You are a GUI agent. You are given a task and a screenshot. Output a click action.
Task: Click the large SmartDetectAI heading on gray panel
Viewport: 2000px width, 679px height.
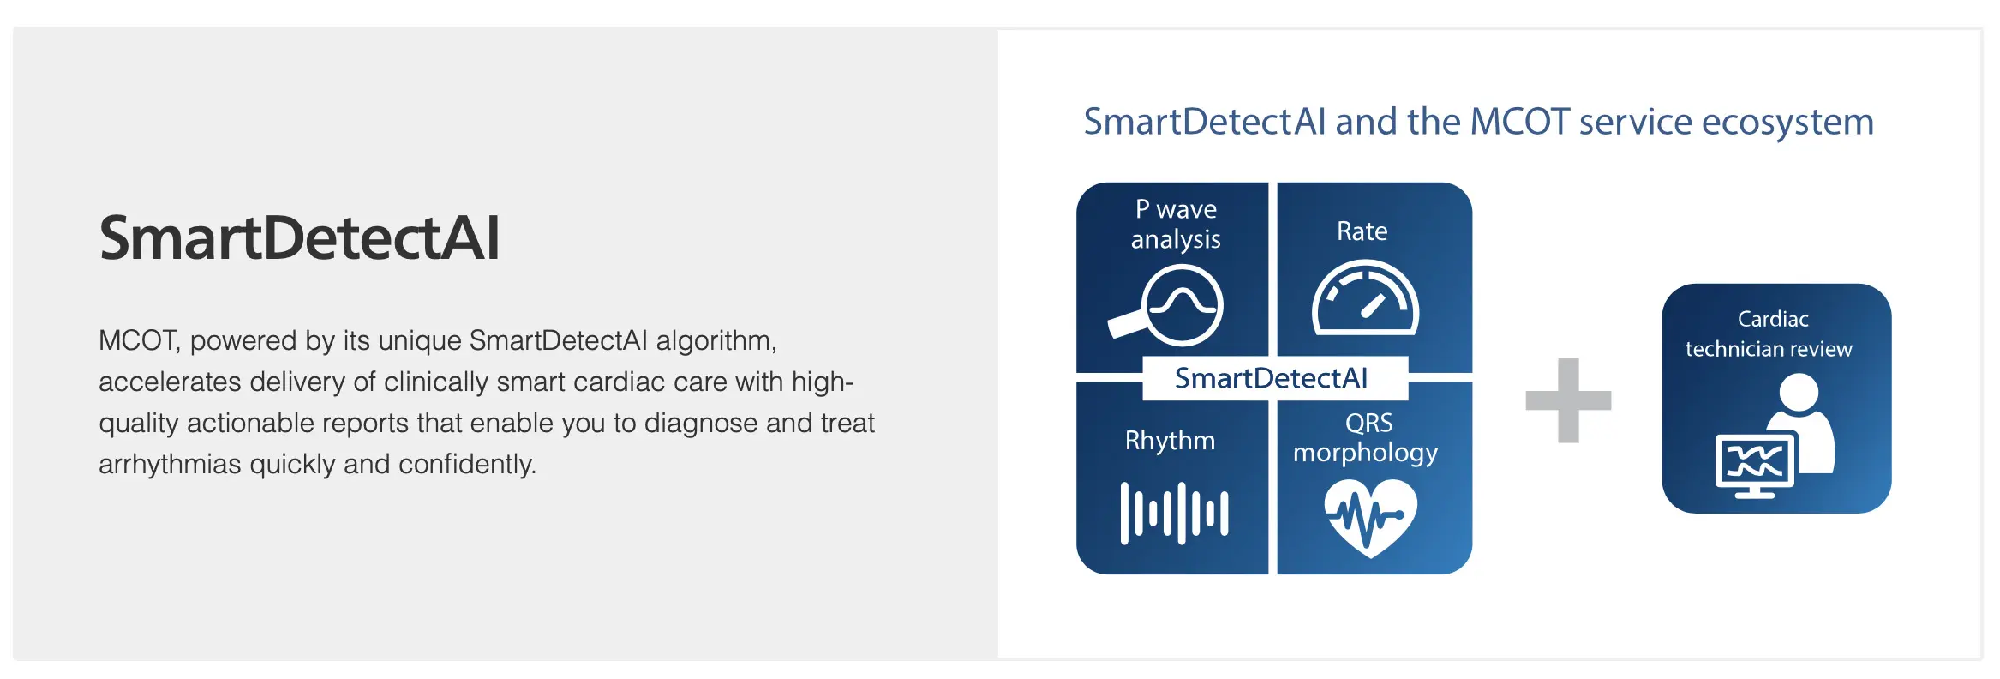click(x=299, y=238)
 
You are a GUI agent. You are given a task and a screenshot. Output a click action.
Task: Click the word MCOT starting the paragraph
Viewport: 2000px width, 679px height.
click(x=137, y=340)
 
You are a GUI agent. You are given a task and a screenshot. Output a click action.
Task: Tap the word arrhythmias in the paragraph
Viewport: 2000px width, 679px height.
click(x=170, y=464)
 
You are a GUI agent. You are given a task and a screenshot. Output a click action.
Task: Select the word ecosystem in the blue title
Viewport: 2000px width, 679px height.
click(x=1787, y=122)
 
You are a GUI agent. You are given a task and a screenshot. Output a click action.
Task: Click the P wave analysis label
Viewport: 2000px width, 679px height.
click(x=1175, y=224)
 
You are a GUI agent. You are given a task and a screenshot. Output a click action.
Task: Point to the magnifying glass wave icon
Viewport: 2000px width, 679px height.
click(x=1169, y=305)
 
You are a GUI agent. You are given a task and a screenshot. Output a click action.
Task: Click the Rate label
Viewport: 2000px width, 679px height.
click(x=1362, y=231)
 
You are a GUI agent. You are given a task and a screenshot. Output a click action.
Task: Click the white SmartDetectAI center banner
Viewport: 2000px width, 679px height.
click(x=1271, y=378)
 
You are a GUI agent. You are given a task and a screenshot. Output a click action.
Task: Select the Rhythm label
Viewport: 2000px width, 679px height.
click(x=1170, y=441)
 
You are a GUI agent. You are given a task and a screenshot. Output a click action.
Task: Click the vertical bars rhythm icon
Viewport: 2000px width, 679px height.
click(x=1174, y=513)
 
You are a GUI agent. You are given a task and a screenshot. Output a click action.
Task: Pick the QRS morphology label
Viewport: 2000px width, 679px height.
click(x=1366, y=437)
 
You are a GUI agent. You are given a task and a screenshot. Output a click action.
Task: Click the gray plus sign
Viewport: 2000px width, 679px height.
click(x=1568, y=400)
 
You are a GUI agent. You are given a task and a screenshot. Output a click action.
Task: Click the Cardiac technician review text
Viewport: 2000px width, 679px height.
click(x=1769, y=333)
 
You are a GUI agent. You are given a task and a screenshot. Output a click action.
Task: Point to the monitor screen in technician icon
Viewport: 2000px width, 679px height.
click(x=1754, y=463)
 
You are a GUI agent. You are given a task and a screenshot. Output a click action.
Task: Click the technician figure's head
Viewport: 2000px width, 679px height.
click(x=1798, y=392)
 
